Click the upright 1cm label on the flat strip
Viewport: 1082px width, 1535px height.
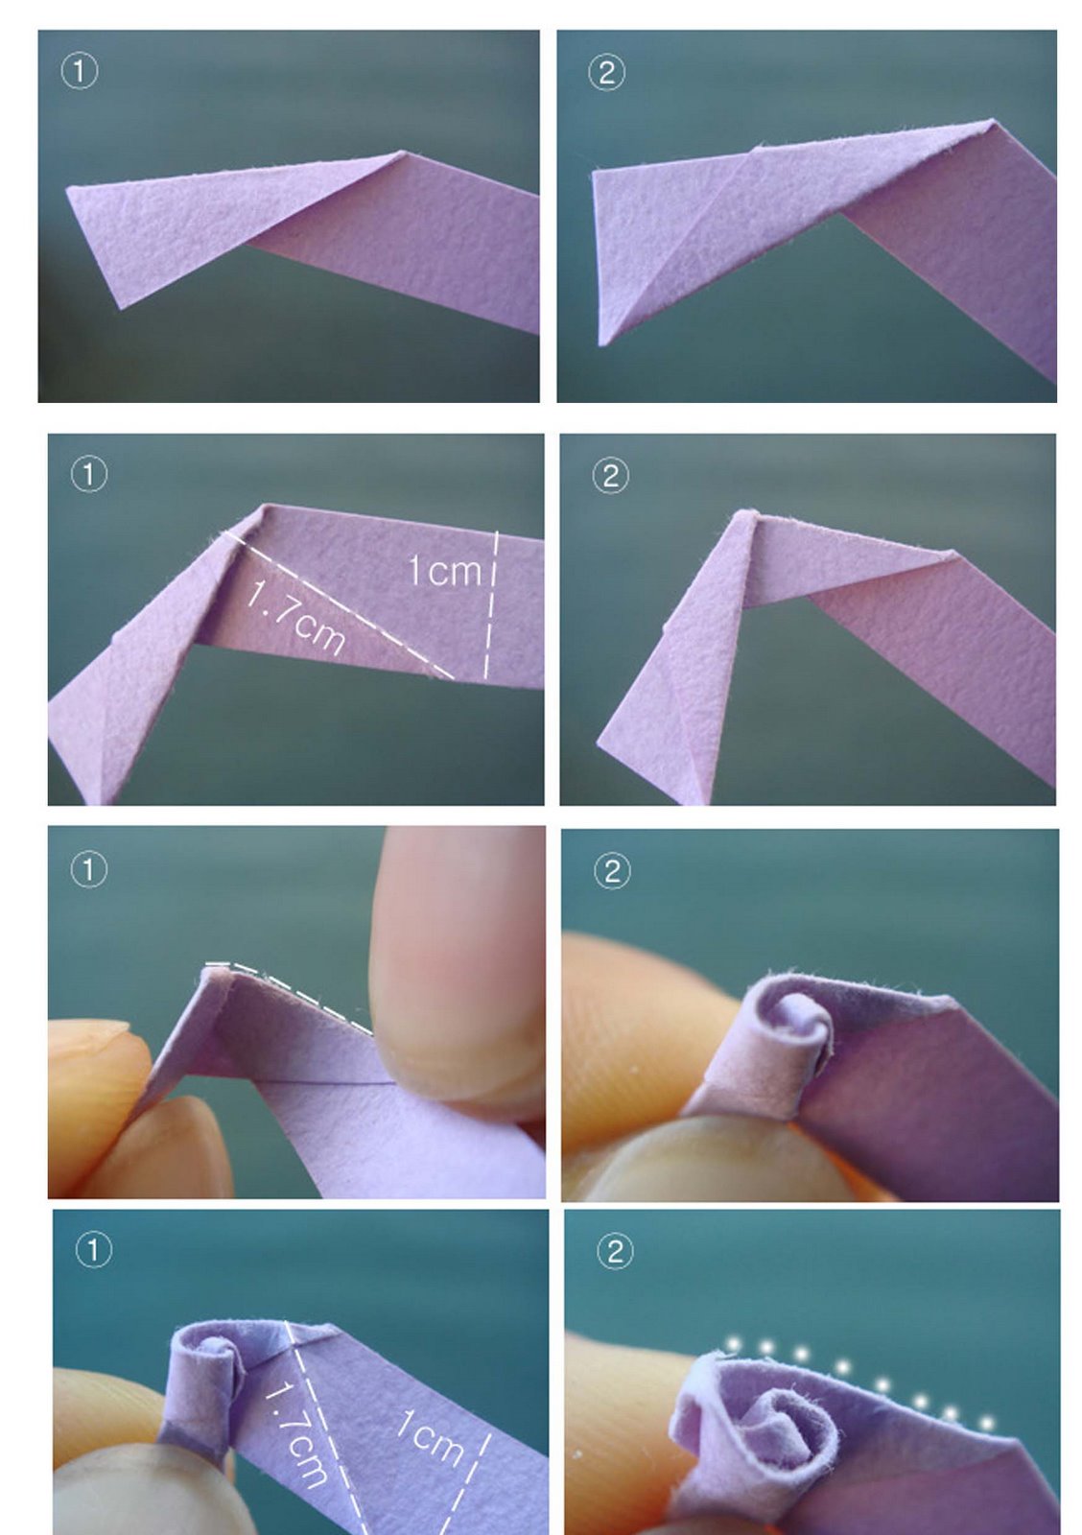[445, 571]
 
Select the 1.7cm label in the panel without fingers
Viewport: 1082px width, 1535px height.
[296, 618]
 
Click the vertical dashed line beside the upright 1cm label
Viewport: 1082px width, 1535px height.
[490, 604]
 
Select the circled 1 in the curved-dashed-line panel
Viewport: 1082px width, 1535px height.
[89, 869]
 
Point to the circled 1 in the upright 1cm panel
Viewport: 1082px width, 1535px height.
[89, 474]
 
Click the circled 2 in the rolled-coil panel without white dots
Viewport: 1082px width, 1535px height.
[612, 872]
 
